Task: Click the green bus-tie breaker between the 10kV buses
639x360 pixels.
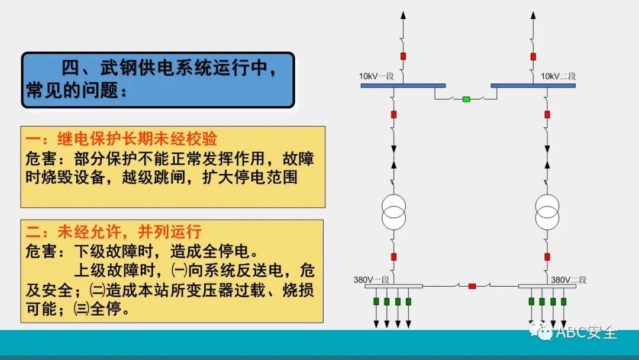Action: pyautogui.click(x=466, y=99)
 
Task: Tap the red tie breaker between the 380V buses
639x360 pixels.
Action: pyautogui.click(x=472, y=287)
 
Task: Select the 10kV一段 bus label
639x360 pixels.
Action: pyautogui.click(x=376, y=76)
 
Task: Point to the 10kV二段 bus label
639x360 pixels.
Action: pyautogui.click(x=558, y=76)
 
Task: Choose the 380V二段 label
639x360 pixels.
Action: pyautogui.click(x=569, y=279)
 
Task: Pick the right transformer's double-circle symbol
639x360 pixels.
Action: pyautogui.click(x=547, y=211)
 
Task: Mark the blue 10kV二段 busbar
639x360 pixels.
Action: pyautogui.click(x=533, y=86)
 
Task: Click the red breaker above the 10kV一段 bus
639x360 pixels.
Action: pyautogui.click(x=404, y=56)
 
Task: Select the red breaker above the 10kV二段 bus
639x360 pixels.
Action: pyautogui.click(x=533, y=56)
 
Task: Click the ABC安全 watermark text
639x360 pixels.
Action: pyautogui.click(x=586, y=332)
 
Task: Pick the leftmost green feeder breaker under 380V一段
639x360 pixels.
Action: pyautogui.click(x=375, y=301)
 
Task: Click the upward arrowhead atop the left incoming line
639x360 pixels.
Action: pyautogui.click(x=404, y=14)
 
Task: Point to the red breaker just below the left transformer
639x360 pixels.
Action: pyautogui.click(x=394, y=257)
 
